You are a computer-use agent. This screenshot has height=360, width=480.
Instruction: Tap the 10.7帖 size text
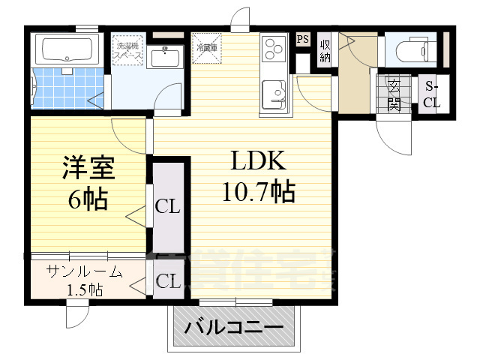[x=257, y=193]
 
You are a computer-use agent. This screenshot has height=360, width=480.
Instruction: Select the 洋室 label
[x=88, y=167]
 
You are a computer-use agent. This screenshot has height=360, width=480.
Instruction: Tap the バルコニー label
[x=234, y=328]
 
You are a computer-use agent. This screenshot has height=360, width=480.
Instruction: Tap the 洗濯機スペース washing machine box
[x=127, y=50]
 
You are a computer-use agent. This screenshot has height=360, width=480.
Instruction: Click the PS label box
[x=303, y=40]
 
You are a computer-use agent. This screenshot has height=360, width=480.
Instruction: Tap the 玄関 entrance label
[x=394, y=94]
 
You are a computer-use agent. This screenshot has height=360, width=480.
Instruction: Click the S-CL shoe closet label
[x=431, y=94]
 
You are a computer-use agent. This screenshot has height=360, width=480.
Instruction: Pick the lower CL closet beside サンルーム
[x=168, y=281]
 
